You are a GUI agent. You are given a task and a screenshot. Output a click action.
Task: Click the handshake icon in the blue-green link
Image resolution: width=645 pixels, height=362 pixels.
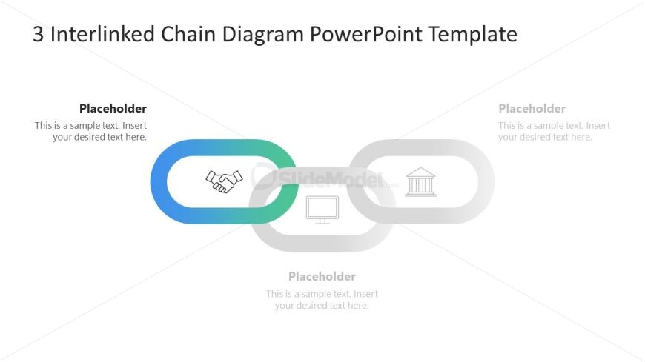tap(224, 181)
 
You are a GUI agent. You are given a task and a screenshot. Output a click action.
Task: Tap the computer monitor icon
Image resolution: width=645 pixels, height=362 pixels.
tap(322, 210)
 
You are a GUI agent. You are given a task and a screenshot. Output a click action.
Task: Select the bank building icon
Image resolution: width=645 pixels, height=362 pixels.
tap(420, 182)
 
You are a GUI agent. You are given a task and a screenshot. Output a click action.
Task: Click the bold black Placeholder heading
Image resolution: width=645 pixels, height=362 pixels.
tap(113, 109)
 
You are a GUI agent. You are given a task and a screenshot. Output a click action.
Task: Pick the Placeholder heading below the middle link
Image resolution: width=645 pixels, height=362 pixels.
tap(322, 277)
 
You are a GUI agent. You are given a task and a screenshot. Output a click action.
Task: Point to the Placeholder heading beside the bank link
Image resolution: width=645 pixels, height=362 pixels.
tap(532, 109)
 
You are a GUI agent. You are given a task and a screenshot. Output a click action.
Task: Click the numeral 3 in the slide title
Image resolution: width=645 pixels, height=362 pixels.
tap(39, 35)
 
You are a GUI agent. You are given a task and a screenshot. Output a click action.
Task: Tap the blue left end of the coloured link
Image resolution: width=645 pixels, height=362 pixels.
tap(159, 181)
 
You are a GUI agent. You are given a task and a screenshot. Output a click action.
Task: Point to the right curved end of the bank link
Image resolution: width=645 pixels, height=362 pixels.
tap(485, 181)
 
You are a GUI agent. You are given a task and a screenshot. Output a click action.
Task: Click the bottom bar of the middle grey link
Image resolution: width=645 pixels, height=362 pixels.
tap(322, 243)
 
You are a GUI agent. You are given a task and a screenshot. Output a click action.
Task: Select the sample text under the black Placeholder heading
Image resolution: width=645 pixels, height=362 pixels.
tap(91, 131)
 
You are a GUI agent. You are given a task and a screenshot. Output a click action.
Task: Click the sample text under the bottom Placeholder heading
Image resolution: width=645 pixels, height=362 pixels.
tap(322, 300)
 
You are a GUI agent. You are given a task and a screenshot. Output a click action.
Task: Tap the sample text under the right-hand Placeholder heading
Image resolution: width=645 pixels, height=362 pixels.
tap(554, 131)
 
